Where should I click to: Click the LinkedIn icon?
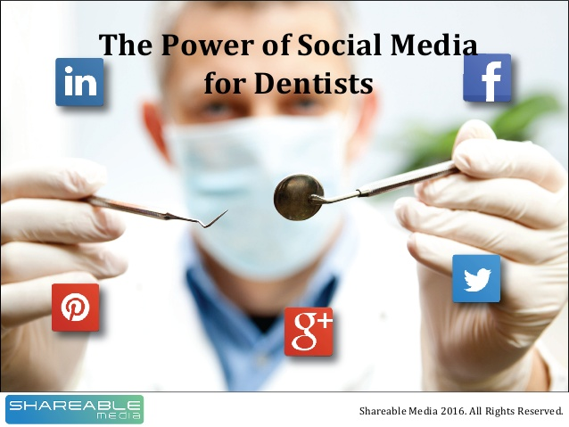click(x=79, y=82)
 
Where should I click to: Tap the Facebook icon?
click(x=487, y=78)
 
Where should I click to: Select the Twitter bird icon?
click(x=476, y=279)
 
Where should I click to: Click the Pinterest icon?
click(x=76, y=308)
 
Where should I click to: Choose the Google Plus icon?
click(x=309, y=332)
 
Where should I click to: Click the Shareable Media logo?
click(x=75, y=409)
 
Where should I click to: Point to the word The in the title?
click(x=120, y=45)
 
